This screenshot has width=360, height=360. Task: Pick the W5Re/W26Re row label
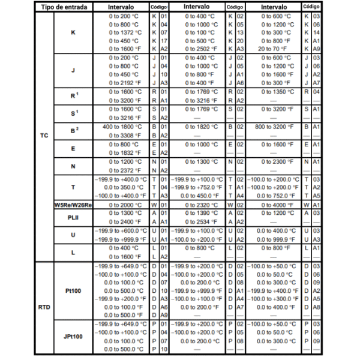tap(72, 205)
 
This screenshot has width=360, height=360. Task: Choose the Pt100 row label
tap(73, 291)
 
